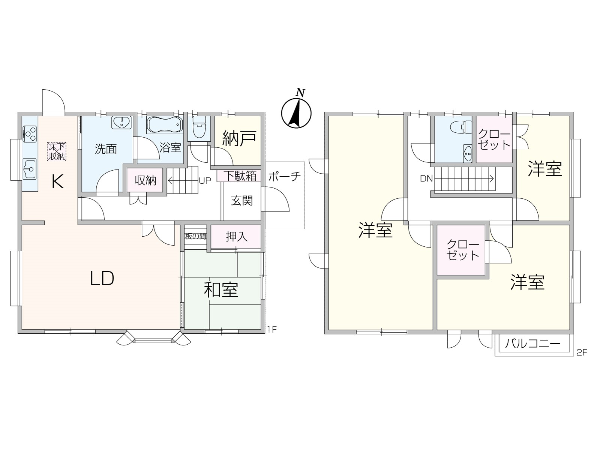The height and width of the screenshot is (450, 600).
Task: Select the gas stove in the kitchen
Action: click(x=30, y=133)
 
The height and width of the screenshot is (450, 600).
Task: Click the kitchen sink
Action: click(x=30, y=169)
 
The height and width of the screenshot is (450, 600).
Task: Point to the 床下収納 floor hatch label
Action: click(x=57, y=151)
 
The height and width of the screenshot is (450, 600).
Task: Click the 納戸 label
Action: click(x=240, y=138)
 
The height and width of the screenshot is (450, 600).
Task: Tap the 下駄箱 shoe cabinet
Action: click(x=239, y=175)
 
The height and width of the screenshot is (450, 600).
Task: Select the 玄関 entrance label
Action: click(x=242, y=201)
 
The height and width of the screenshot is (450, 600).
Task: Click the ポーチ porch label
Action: click(x=285, y=177)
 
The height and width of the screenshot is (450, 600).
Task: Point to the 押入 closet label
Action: click(x=237, y=237)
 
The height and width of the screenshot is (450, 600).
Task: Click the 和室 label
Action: click(x=221, y=290)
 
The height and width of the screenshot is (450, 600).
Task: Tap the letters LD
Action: click(x=102, y=278)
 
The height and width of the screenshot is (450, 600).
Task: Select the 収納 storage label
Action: click(x=145, y=181)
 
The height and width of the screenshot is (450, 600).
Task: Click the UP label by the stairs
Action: click(x=205, y=181)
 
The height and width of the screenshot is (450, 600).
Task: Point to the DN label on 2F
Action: click(x=426, y=179)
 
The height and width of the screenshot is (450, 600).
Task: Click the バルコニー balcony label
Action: click(x=532, y=343)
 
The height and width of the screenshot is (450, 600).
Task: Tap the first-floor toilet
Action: click(x=199, y=127)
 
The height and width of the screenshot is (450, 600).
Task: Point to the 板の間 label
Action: click(x=195, y=236)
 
